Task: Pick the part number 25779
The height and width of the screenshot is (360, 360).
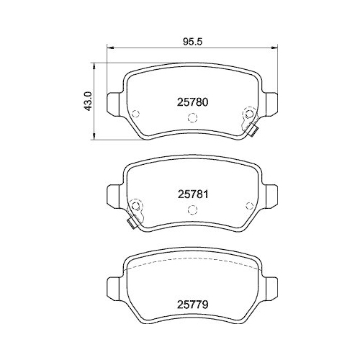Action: coord(192,305)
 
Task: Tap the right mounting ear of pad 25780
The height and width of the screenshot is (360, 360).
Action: coord(270,101)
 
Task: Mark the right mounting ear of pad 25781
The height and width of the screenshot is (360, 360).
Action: coord(270,193)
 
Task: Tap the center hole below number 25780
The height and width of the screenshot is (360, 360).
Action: coord(192,120)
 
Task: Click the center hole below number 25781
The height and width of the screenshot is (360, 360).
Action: coord(192,210)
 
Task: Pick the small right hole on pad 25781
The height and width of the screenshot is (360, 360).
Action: coord(248,202)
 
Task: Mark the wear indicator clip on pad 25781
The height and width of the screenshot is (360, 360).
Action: coord(132,222)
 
